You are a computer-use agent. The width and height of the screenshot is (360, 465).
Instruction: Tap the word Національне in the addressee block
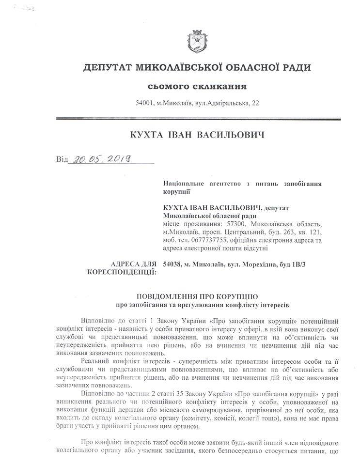point(186,184)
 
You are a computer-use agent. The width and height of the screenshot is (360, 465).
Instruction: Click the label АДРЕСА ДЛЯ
point(134,264)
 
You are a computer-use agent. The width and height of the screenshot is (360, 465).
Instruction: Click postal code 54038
point(173,264)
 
